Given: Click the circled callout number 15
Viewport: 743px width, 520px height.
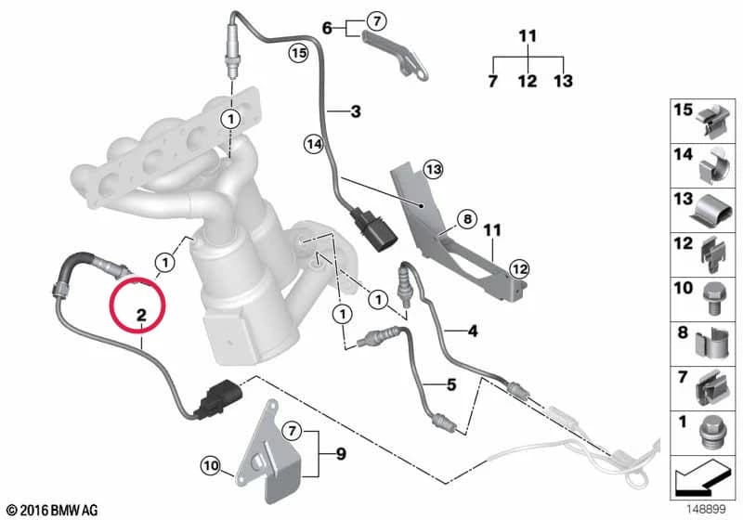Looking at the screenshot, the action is coord(298,53).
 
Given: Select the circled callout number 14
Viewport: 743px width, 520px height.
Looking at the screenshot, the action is coord(314,144).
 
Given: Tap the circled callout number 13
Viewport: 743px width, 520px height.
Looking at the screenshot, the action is coord(433,169).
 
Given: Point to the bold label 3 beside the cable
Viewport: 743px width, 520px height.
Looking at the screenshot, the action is coord(356,111).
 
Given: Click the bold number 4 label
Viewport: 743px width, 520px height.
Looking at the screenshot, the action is coord(473,331).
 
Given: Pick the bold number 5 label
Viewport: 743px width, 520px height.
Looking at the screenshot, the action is coord(451,384).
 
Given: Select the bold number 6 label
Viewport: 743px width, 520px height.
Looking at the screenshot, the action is coord(327,29).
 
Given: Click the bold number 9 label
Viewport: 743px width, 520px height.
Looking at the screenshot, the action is coord(341,454).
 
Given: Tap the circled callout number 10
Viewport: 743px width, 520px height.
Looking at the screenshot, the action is coord(211,466).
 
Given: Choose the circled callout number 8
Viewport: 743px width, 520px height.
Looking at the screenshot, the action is coord(467,219).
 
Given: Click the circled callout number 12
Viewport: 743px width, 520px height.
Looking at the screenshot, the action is coord(519,269).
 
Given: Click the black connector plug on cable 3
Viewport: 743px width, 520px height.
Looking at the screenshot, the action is coord(372,229).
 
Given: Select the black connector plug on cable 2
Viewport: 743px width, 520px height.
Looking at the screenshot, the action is coord(220,399).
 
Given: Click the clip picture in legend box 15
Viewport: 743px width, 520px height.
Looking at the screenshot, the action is coord(714,122).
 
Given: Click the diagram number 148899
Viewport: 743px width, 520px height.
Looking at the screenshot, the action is coord(706,509).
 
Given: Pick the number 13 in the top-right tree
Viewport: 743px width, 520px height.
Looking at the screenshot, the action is coord(564,81).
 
